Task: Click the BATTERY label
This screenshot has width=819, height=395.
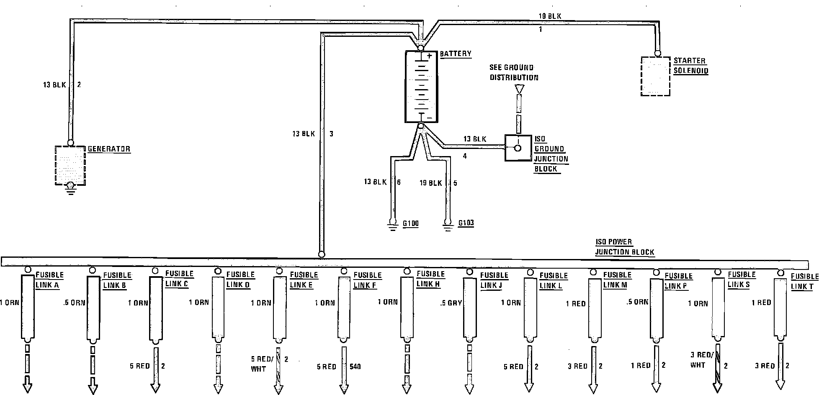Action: (456, 54)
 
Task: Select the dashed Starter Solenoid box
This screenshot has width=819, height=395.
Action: (655, 77)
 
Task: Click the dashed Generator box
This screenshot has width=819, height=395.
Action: (70, 165)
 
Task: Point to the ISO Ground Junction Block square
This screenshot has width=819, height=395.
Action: (518, 148)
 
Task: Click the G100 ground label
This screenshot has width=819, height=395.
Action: (410, 224)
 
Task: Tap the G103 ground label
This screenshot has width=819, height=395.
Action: (466, 223)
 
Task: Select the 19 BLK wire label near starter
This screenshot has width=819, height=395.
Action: (550, 16)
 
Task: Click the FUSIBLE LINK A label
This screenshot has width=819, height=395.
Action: (49, 280)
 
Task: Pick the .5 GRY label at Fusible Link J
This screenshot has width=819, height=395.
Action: (451, 303)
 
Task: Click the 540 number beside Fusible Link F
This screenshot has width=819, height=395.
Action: (355, 367)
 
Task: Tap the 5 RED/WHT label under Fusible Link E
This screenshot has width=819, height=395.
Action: (261, 364)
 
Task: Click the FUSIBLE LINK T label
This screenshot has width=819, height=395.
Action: (804, 281)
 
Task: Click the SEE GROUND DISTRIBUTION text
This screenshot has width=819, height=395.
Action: (514, 72)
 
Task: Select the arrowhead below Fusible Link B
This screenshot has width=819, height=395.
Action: (93, 389)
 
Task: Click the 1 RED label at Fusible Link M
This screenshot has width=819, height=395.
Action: (576, 304)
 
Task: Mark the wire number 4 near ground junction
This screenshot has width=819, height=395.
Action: (465, 156)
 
